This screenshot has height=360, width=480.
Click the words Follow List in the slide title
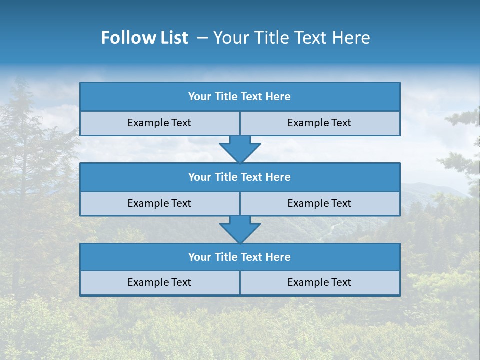click(x=144, y=38)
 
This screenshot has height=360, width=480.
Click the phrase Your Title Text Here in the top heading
click(x=291, y=38)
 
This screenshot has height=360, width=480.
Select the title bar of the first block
click(x=240, y=97)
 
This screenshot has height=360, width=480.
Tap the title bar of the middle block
click(x=240, y=177)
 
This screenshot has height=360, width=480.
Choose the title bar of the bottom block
click(x=240, y=257)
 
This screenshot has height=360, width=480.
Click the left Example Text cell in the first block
click(x=160, y=123)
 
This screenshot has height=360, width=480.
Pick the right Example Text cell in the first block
click(x=320, y=123)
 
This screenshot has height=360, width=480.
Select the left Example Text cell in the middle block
click(x=160, y=203)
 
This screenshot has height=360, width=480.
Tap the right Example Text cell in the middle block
click(x=320, y=203)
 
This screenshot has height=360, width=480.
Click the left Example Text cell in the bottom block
click(x=160, y=282)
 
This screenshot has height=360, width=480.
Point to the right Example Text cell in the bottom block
click(x=320, y=282)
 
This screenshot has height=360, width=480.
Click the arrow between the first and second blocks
click(x=240, y=149)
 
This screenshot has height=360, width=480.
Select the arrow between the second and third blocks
click(x=240, y=229)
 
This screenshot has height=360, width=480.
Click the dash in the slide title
click(x=202, y=38)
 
